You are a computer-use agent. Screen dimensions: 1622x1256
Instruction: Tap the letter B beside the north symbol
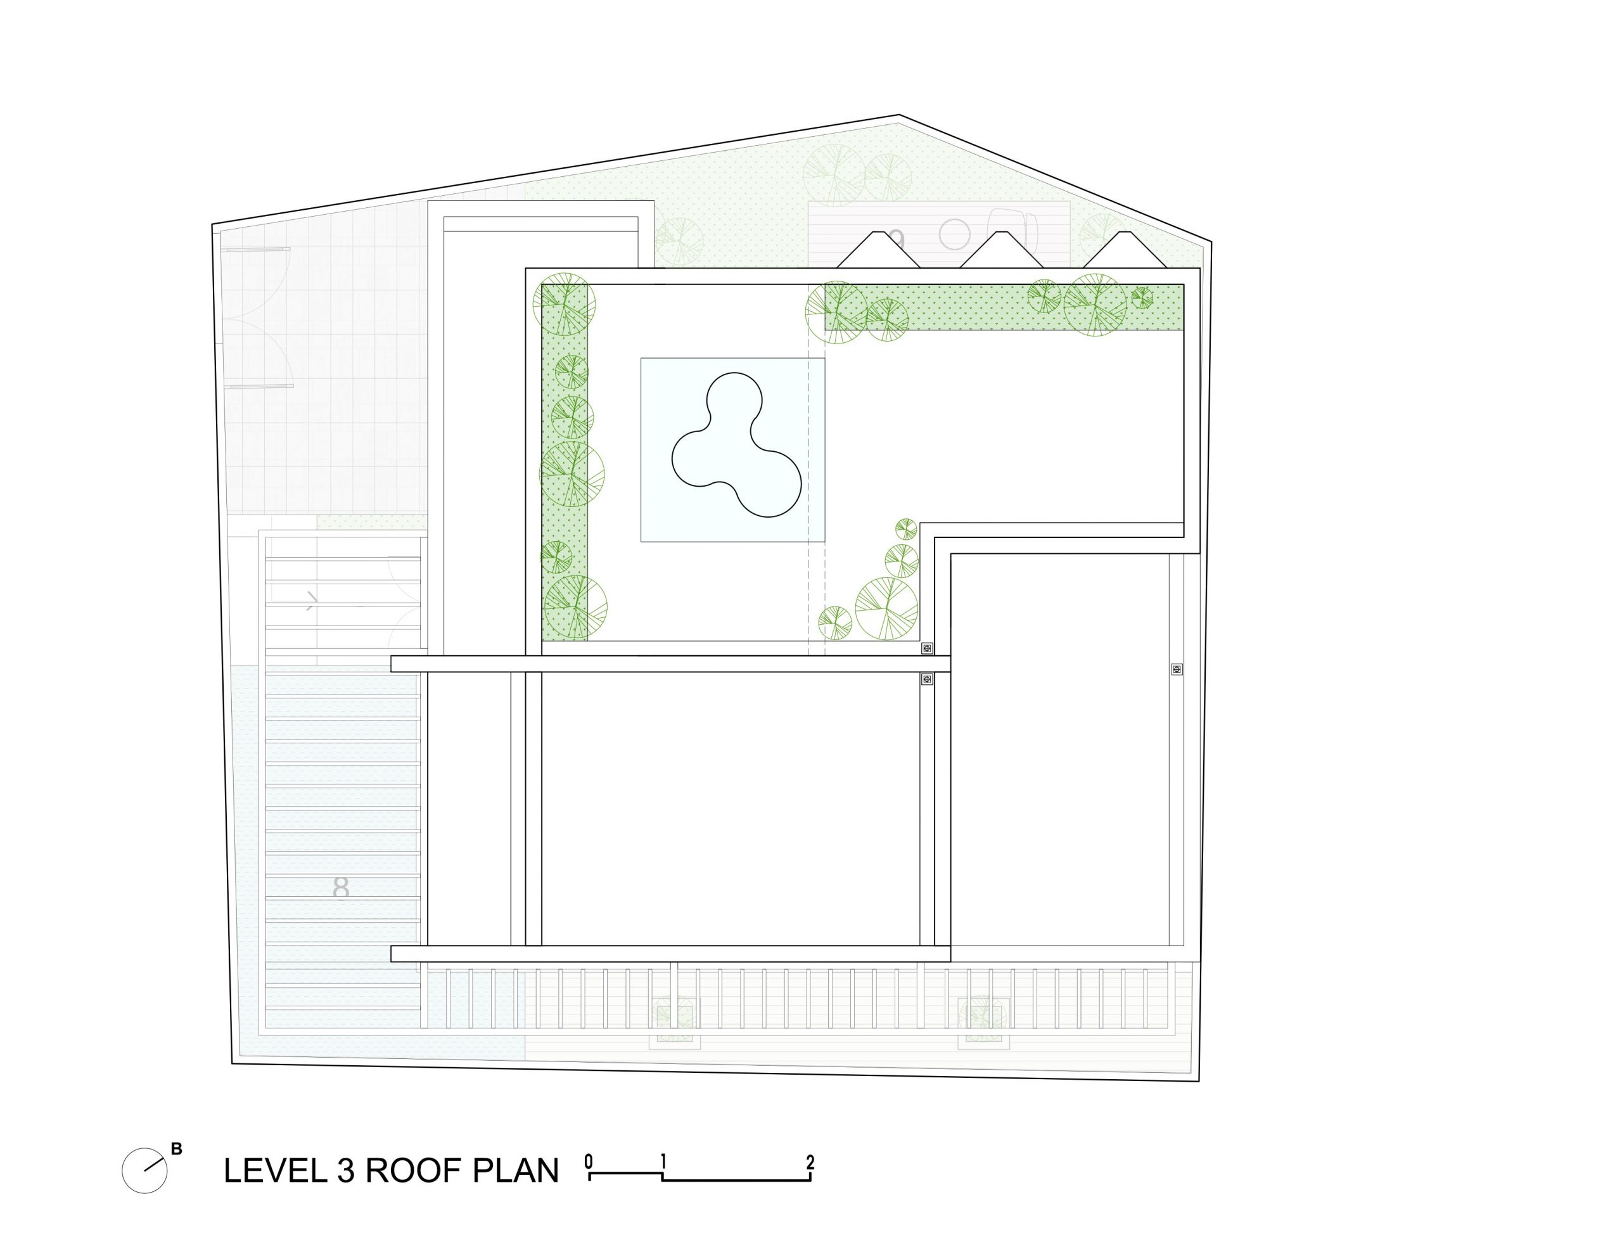(x=176, y=1148)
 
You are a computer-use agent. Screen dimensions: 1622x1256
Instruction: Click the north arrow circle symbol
(x=145, y=1170)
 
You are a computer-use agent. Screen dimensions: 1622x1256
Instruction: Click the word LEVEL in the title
(x=275, y=1170)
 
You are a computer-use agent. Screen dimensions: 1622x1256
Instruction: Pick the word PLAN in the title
(x=515, y=1170)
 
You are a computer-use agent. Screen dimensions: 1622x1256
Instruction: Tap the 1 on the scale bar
(x=663, y=1161)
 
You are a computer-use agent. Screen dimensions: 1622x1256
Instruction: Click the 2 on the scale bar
(x=810, y=1161)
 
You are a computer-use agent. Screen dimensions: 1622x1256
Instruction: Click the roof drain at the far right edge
(x=1177, y=669)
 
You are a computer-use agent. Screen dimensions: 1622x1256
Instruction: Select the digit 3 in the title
(x=345, y=1170)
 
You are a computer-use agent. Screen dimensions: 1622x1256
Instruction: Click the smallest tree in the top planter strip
(x=1142, y=298)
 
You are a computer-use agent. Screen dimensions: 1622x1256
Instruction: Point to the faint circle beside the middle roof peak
(x=954, y=234)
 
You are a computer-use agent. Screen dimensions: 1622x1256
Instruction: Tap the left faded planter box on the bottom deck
(x=674, y=1022)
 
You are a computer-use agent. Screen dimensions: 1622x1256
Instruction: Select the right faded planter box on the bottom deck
(x=983, y=1022)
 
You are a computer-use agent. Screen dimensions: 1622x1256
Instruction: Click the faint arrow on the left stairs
(x=312, y=600)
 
